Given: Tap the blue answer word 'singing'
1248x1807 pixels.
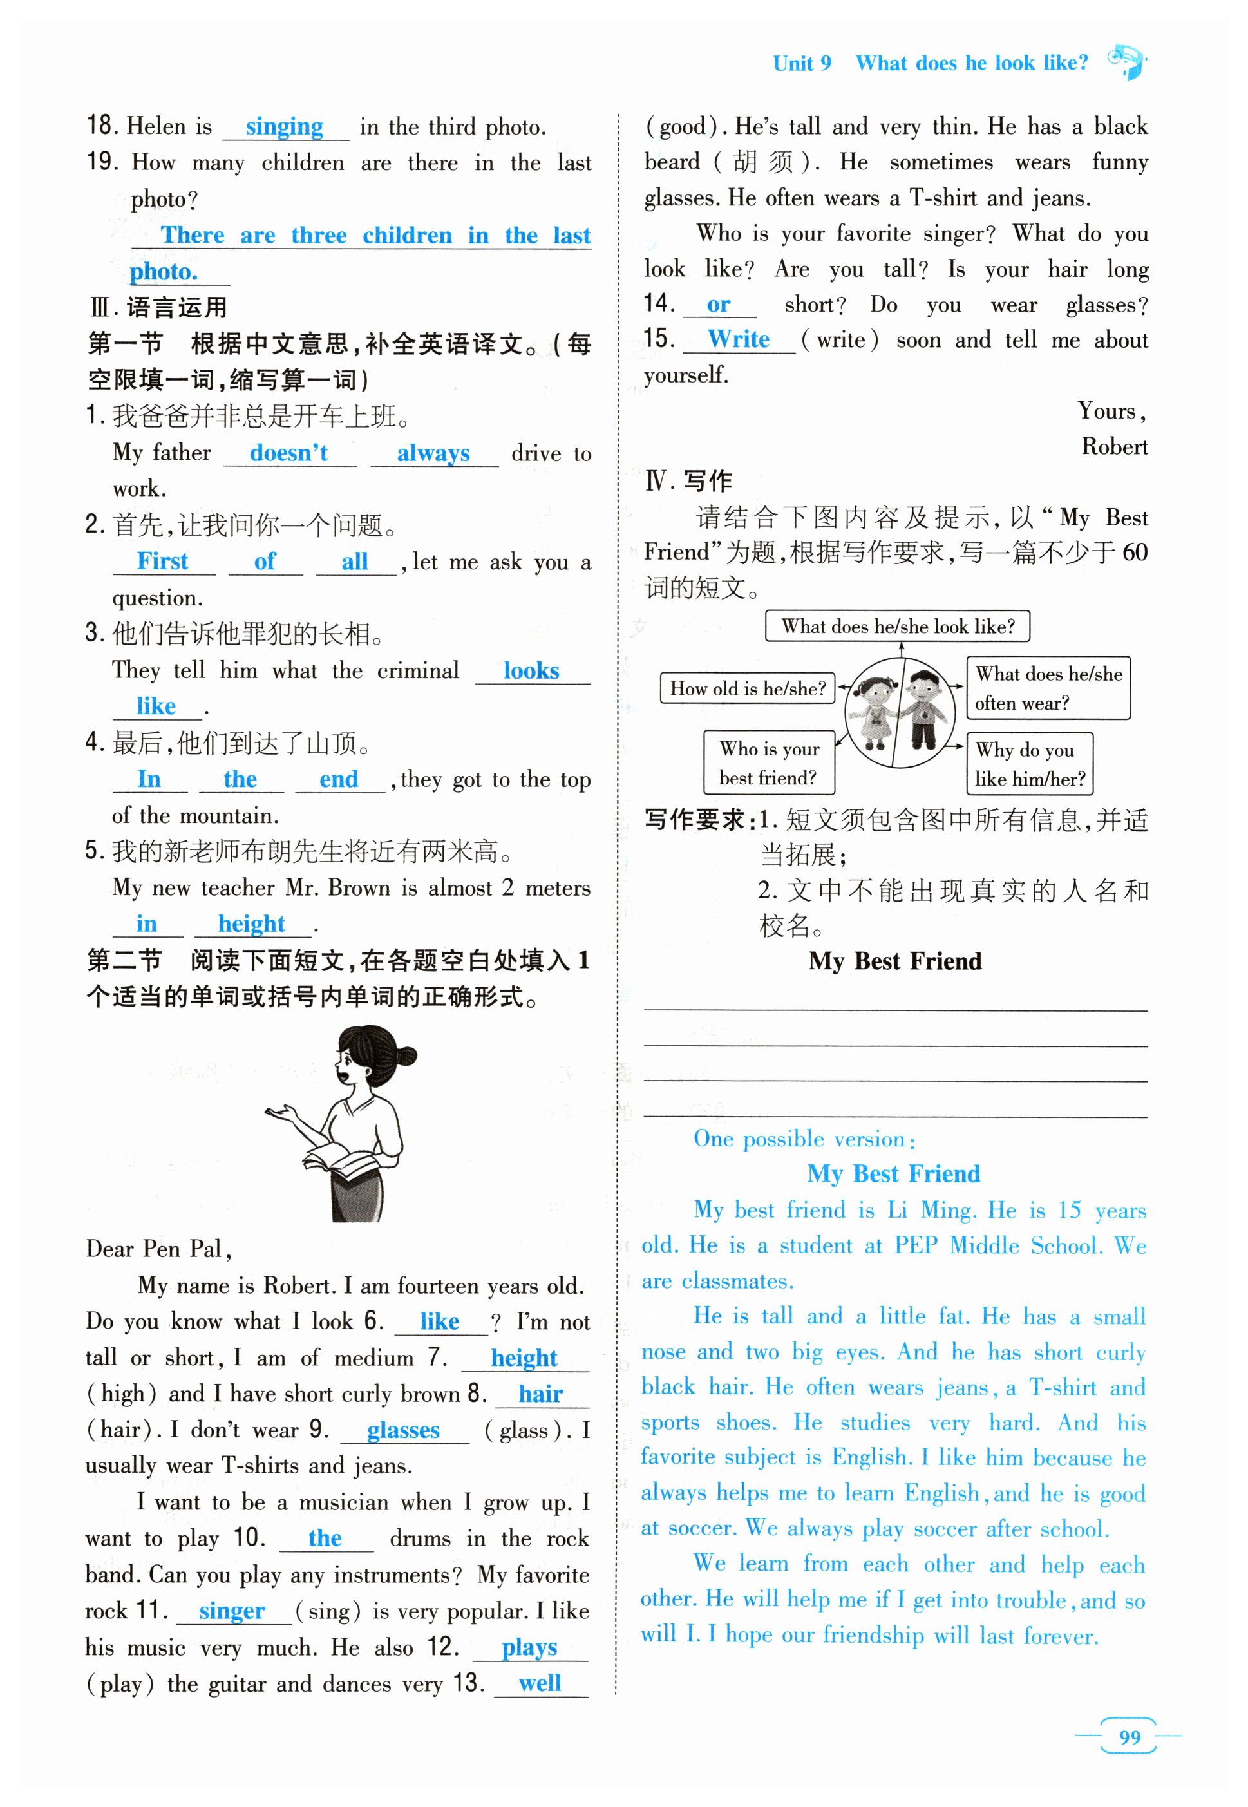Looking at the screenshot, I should [x=284, y=127].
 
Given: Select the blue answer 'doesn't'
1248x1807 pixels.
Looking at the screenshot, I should [x=288, y=453].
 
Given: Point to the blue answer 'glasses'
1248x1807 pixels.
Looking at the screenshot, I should [x=404, y=1430].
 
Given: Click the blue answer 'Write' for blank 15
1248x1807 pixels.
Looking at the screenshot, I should [x=738, y=339].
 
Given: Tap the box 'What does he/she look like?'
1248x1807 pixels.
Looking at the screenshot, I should [x=898, y=627].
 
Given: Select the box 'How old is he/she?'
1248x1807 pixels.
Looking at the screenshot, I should [x=748, y=688].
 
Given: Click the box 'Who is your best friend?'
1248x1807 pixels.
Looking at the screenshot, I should [x=769, y=762].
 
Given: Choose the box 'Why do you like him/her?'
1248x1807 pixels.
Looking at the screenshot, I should [x=1029, y=763].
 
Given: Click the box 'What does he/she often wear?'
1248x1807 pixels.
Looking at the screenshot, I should [x=1048, y=688].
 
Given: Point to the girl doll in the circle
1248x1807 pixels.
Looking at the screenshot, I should [x=875, y=706].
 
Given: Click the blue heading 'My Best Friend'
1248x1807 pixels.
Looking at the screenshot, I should [x=893, y=1174].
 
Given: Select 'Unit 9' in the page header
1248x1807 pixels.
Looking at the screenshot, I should [x=802, y=63].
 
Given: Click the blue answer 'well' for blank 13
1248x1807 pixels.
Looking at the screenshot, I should [x=540, y=1683].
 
